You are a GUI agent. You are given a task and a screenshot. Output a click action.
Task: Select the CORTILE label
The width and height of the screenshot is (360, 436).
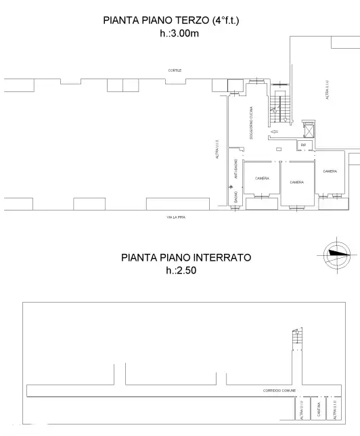(x=176, y=70)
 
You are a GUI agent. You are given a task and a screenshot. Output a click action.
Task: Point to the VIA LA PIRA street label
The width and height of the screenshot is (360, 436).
(x=176, y=217)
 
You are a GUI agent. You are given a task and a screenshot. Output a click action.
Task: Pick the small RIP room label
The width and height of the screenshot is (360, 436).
(x=304, y=145)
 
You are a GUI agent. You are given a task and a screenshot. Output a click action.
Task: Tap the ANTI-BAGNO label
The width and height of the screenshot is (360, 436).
(x=235, y=169)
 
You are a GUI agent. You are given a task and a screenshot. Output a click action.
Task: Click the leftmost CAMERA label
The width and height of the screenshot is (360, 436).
(x=262, y=178)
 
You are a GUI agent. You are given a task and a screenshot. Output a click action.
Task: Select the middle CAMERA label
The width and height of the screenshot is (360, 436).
(x=296, y=182)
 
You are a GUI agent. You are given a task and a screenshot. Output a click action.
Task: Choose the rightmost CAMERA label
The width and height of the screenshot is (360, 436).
(x=330, y=171)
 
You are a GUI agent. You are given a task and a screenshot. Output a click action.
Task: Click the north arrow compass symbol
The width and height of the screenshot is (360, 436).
(x=336, y=253)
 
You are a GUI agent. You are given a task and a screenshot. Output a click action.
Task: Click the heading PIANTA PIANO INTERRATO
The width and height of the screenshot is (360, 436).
(x=186, y=257)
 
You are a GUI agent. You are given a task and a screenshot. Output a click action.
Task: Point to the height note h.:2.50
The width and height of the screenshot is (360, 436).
(x=180, y=269)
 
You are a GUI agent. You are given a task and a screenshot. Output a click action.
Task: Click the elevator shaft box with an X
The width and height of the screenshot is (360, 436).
(x=309, y=127)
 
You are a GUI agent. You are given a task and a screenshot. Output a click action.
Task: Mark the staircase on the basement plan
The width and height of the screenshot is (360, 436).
(x=296, y=337)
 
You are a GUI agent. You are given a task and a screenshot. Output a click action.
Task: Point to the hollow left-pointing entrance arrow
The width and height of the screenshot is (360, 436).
(x=273, y=132)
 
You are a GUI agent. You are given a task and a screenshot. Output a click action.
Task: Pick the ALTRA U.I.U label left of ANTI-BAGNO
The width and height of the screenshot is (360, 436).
(x=217, y=149)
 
